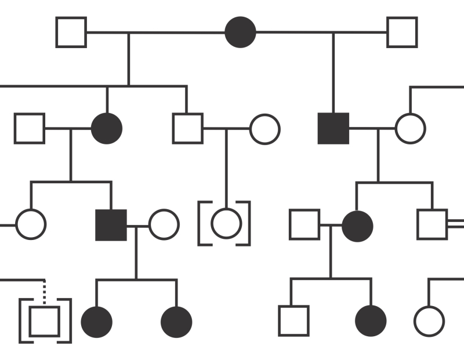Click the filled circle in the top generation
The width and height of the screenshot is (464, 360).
click(240, 32)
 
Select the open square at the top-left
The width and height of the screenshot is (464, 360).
click(71, 32)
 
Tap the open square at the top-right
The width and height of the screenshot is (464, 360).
click(402, 32)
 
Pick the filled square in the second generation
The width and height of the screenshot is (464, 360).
click(333, 128)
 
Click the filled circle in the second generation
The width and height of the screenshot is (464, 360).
click(107, 128)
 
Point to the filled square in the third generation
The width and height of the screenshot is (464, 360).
click(111, 225)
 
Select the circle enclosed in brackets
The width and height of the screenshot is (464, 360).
click(226, 224)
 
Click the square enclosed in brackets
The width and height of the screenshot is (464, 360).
click(45, 321)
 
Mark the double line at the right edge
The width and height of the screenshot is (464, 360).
click(456, 224)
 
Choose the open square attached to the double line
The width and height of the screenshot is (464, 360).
click(432, 224)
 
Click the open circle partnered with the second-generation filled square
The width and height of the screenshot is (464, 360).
click(410, 128)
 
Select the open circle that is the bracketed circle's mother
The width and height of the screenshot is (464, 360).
click(264, 129)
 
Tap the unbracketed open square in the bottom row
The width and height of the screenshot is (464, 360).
click(293, 321)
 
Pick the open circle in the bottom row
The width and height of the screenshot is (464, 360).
click(429, 321)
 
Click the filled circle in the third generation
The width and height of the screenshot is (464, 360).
click(357, 225)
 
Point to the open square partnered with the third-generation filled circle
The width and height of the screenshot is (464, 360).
click(304, 225)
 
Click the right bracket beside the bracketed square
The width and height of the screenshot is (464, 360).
click(68, 321)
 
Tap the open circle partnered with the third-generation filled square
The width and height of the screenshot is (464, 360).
click(164, 225)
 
